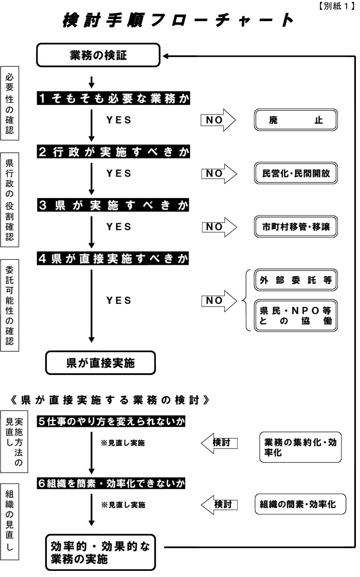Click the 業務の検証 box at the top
tap(98, 55)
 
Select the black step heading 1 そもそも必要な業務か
tap(113, 99)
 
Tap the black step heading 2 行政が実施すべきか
tap(113, 152)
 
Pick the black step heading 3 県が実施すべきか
tap(113, 205)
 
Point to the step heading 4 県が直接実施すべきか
tap(113, 258)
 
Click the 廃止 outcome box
tap(296, 121)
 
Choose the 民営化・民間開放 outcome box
tap(296, 174)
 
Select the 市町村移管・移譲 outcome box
tap(296, 227)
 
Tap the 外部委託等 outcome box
tap(296, 281)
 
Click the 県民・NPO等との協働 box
tap(296, 315)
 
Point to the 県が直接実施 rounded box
tap(100, 363)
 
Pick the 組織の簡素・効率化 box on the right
tap(300, 504)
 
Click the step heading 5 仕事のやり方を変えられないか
tap(111, 421)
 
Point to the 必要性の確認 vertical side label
tap(10, 103)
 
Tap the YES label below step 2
tap(119, 173)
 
